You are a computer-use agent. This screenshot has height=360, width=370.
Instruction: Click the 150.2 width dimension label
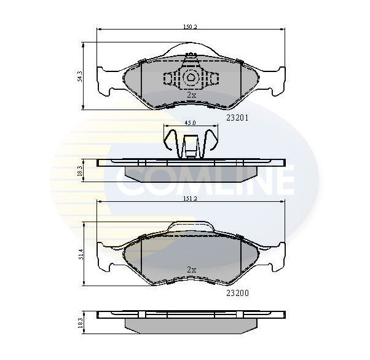(190, 26)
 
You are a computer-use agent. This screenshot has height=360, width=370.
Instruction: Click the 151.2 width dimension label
(190, 199)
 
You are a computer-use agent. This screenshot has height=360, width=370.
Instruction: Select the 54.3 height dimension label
(80, 76)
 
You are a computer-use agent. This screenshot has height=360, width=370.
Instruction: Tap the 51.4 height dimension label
(81, 254)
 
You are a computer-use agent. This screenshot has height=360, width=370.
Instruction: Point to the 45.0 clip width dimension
(190, 123)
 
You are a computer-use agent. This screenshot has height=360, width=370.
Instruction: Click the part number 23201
(237, 118)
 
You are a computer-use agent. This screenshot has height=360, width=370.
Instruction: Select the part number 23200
(237, 293)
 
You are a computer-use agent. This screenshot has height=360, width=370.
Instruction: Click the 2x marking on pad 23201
(191, 95)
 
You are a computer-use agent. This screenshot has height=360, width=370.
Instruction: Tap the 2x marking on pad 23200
(191, 270)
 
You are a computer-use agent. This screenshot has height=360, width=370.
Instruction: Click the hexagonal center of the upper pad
(190, 78)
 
